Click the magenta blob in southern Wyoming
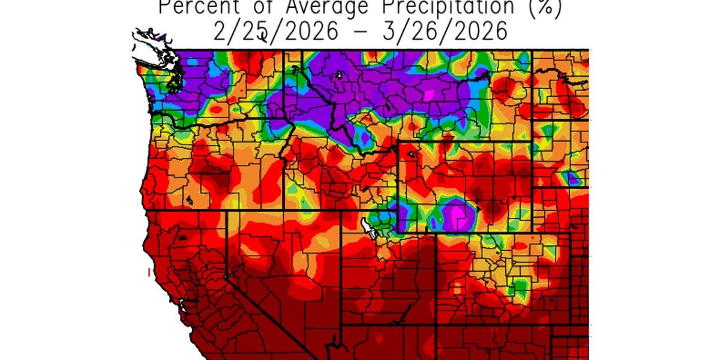coord(459,212)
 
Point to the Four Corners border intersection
coord(434,325)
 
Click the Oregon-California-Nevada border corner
coord(227,211)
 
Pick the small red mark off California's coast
coord(148,273)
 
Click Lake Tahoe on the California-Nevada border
coord(226,277)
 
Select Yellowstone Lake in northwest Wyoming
coord(410,154)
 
